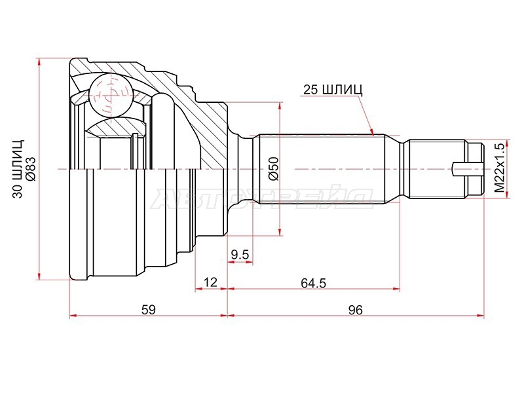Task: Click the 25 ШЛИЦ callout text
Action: pos(333,90)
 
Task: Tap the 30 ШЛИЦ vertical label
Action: pos(18,169)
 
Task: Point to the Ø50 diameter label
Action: pos(273,169)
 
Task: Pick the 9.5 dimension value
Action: pos(240,255)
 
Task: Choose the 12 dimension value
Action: pos(210,282)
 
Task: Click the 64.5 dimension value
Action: pos(313,283)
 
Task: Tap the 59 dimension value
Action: pos(149,310)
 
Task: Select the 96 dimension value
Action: pos(355,310)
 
